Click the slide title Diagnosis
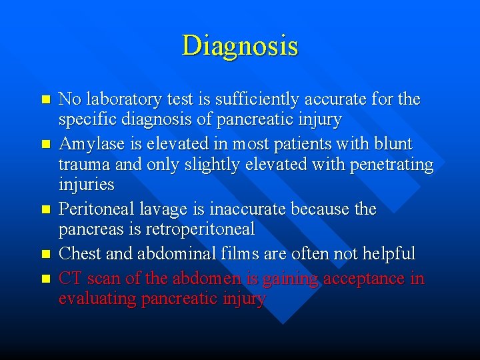pos(240,46)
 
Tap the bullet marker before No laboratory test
pos(45,99)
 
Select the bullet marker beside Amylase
pos(45,144)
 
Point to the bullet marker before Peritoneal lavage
pos(45,209)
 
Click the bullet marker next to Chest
pos(45,254)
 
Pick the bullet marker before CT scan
pos(45,278)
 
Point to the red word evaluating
pos(97,299)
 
